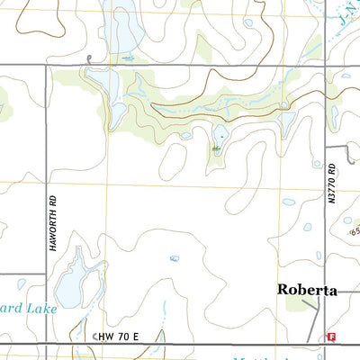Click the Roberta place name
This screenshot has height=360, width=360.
tap(307, 291)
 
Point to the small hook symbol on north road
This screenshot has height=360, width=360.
tap(90, 59)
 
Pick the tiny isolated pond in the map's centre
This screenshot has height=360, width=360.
tap(174, 258)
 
